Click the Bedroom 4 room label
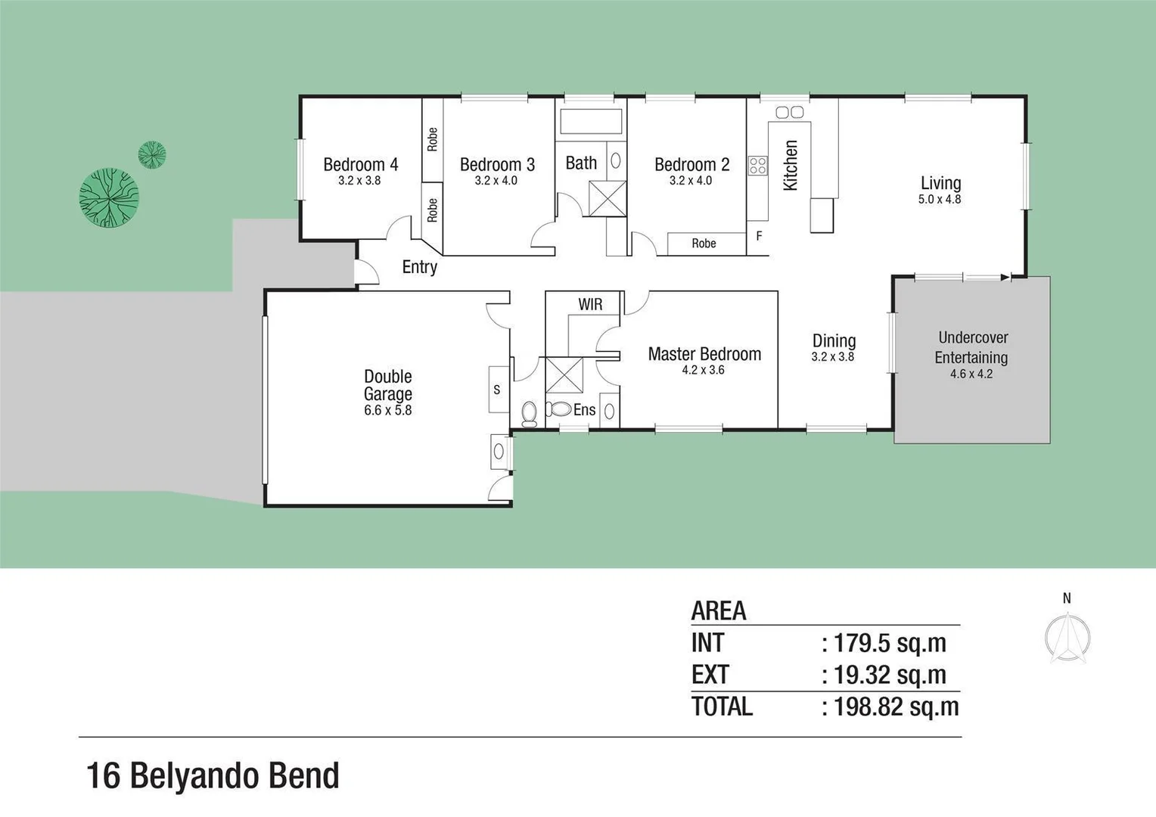point(360,164)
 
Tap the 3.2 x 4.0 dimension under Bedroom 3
point(496,181)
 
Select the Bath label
point(581,163)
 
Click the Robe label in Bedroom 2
point(704,244)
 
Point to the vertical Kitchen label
point(791,165)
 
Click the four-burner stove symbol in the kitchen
point(758,166)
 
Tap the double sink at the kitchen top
point(790,112)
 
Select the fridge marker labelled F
point(759,236)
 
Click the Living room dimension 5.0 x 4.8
point(940,200)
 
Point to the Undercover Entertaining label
point(972,347)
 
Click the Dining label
point(834,340)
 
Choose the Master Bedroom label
point(704,354)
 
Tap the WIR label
point(590,304)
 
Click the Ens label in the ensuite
point(584,410)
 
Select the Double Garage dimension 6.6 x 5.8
point(387,411)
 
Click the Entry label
point(419,267)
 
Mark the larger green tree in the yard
point(109,197)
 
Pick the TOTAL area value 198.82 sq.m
point(896,707)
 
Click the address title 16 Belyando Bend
point(213,776)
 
